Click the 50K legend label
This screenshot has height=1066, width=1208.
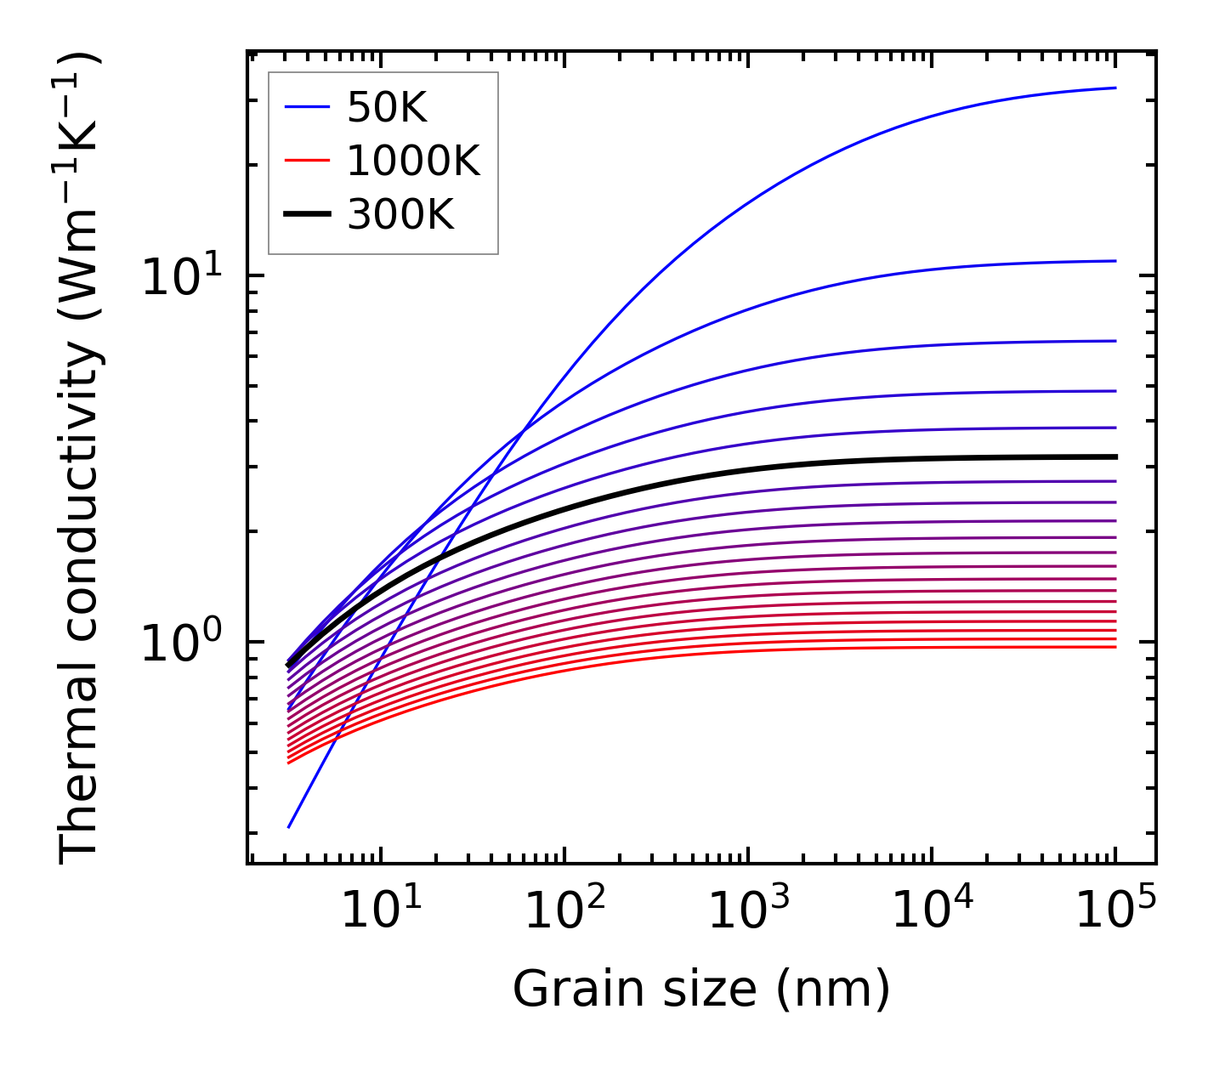coord(387,108)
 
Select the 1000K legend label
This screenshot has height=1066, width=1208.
coord(413,161)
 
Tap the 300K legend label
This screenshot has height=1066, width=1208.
coord(400,215)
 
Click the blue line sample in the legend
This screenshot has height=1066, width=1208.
coord(306,108)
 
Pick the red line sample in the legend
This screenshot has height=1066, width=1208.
coord(306,161)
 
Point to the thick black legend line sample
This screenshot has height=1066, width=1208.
coord(306,215)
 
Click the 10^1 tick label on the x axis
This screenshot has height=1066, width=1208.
coord(380,912)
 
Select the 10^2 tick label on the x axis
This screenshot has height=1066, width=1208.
coord(564,912)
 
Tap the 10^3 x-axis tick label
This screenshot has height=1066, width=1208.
coord(747,912)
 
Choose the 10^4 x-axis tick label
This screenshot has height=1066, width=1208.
coord(931,912)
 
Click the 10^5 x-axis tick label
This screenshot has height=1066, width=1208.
coord(1114,912)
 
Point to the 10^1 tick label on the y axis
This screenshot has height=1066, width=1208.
coord(180,277)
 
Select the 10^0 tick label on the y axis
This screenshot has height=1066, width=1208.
coord(180,644)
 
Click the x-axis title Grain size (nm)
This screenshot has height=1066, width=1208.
coord(701,989)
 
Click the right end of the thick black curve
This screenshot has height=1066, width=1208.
coord(1114,456)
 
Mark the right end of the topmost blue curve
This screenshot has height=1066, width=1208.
coord(1114,88)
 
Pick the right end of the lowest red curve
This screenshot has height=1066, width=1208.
coord(1114,647)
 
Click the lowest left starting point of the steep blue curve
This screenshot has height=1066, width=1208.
coord(289,826)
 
